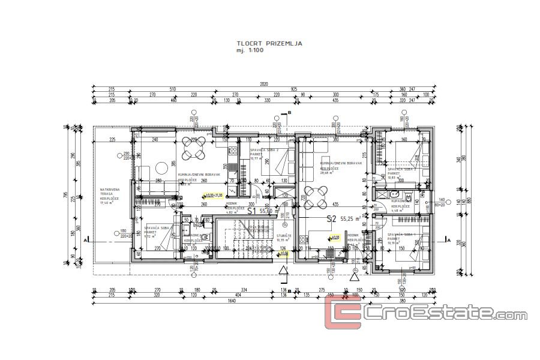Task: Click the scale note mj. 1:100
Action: pos(250,51)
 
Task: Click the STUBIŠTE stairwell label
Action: pos(284,236)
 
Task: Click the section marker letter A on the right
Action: pos(448,238)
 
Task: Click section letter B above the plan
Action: pos(289,112)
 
